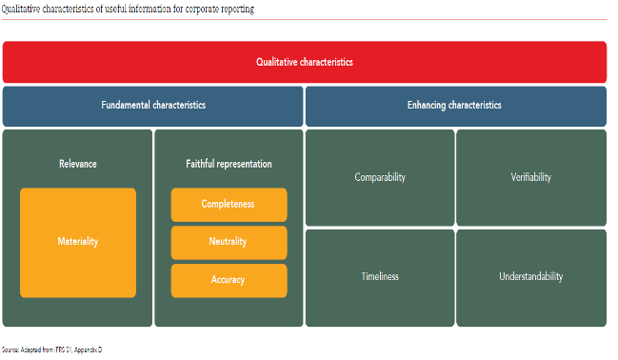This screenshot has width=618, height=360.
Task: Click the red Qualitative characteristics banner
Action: tap(305, 62)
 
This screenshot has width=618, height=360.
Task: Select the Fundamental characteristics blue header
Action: tap(153, 106)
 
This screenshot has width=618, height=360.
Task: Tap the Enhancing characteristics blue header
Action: tap(455, 106)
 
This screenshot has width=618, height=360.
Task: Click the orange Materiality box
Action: tap(78, 242)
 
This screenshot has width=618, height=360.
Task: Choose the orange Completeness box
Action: tap(229, 205)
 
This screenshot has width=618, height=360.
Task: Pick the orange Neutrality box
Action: tap(229, 242)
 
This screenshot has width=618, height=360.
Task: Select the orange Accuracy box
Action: tap(229, 280)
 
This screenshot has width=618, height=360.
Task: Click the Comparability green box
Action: tap(380, 178)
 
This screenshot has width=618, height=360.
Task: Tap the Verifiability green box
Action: tap(530, 178)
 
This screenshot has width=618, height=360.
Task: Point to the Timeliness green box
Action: tap(380, 277)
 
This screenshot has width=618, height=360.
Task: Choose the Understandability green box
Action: tap(530, 277)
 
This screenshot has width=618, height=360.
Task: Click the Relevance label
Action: tap(77, 164)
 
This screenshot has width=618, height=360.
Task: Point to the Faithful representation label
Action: tap(229, 164)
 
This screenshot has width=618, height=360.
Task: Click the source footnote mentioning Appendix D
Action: tap(51, 350)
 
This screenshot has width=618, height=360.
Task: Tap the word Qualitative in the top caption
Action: tap(20, 9)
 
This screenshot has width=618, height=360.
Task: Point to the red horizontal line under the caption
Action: tap(305, 19)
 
